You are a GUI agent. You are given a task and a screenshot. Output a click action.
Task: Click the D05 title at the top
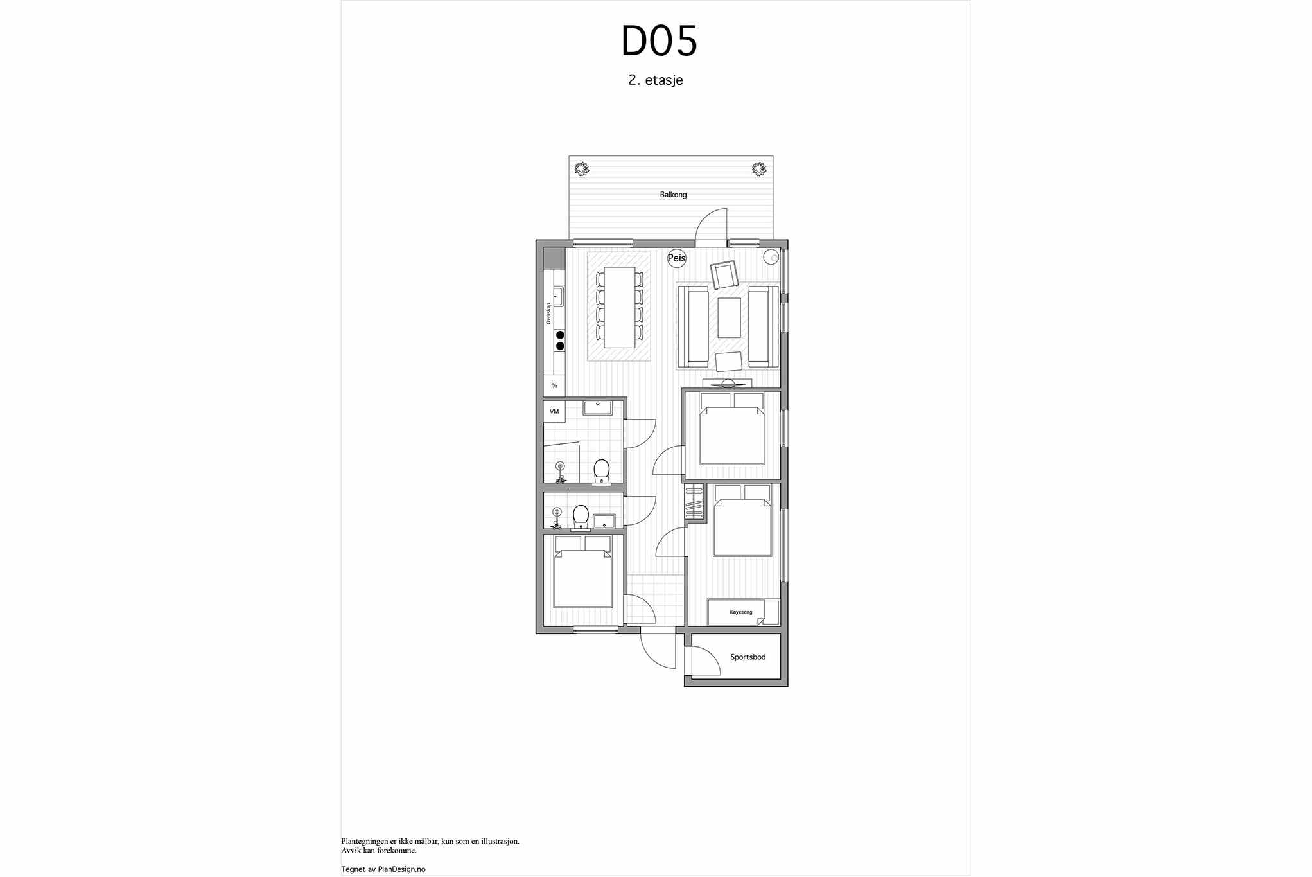659,41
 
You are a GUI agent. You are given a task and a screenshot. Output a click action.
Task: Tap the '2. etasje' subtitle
656,80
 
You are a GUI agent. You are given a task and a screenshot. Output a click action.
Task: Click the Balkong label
673,195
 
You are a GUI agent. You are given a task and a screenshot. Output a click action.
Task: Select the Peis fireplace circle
677,258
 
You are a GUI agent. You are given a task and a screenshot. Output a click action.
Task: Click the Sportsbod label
748,657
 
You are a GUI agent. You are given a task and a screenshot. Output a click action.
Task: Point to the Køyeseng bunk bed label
740,612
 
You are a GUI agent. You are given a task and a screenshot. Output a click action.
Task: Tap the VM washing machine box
554,411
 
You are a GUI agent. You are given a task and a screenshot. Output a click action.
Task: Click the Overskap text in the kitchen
548,313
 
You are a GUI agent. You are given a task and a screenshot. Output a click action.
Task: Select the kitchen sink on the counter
110,296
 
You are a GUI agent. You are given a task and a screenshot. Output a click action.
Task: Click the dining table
620,307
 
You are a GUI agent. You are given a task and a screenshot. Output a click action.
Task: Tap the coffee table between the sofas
729,317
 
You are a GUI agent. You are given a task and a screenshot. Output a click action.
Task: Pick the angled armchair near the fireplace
724,276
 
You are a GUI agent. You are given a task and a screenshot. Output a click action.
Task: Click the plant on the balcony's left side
582,169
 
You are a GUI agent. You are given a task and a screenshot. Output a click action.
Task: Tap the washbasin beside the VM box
598,407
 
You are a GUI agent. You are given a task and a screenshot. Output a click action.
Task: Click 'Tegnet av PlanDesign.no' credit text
383,869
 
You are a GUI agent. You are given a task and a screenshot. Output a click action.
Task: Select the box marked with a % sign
554,385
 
